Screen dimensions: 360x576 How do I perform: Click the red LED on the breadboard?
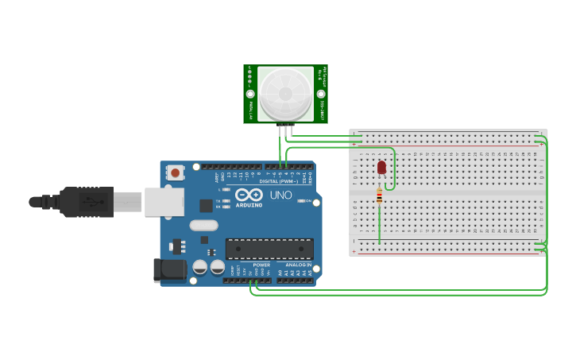[x=381, y=167]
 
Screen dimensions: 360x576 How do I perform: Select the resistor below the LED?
[x=379, y=195]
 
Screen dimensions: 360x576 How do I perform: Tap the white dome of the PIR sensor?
[x=285, y=91]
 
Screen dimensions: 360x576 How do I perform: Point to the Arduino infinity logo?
[x=248, y=195]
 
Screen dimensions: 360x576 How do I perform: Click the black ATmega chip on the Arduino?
[x=269, y=249]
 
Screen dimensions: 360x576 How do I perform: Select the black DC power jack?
[x=169, y=270]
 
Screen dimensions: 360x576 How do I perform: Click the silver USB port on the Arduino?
[x=164, y=202]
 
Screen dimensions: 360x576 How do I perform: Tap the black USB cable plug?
[x=87, y=202]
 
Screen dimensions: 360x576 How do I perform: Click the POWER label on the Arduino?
[x=261, y=265]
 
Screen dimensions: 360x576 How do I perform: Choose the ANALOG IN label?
[x=299, y=265]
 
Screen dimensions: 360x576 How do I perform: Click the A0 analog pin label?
[x=280, y=273]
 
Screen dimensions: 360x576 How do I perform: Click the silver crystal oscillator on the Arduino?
[x=203, y=226]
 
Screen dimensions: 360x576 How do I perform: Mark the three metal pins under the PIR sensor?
[x=285, y=129]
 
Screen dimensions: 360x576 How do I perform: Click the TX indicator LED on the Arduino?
[x=227, y=201]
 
